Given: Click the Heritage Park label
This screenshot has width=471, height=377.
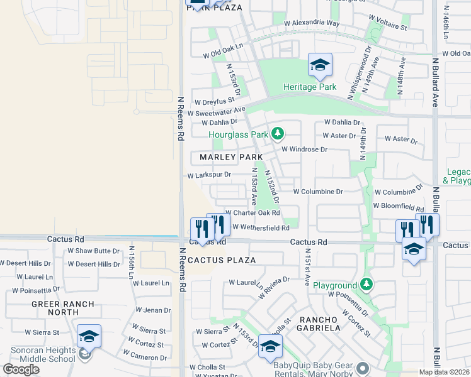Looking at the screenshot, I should coord(309,87).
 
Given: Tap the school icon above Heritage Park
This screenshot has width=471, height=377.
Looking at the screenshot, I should coord(320,65).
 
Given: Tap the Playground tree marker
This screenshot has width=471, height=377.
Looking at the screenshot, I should coord(366,285).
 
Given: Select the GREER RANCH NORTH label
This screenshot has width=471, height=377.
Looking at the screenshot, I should coord(64,308).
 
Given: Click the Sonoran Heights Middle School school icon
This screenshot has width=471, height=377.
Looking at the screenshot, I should coord(89,337).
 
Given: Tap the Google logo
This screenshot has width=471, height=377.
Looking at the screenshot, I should coord(21,369).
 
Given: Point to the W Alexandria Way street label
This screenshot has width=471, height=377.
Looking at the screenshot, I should coord(312,23).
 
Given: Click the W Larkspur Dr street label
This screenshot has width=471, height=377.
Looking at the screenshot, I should coord(209,175).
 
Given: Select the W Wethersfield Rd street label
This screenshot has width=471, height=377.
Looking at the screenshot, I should coord(261,227).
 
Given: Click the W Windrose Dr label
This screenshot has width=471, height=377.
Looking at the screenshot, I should coord(304,150).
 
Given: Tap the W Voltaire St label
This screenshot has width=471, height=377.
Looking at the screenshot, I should coord(386,28).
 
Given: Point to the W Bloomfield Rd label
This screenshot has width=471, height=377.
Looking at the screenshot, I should coord(399,205).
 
